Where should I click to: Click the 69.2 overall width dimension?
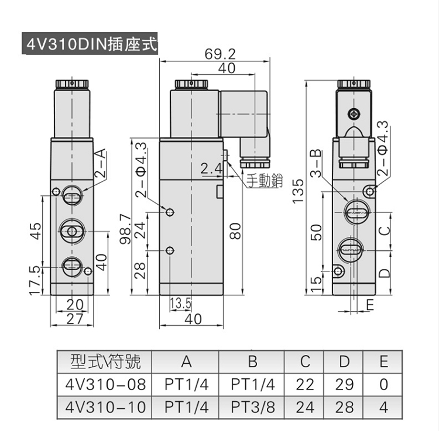click(x=220, y=54)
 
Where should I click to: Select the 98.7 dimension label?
click(x=125, y=229)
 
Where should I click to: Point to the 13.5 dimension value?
click(x=181, y=303)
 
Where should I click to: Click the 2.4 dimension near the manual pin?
click(x=211, y=168)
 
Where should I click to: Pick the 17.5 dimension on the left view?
click(x=35, y=280)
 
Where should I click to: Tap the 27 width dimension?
click(x=75, y=319)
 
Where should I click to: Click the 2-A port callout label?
click(x=100, y=163)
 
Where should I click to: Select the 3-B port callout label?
click(x=316, y=164)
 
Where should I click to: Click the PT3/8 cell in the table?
click(x=253, y=407)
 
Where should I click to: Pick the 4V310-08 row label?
click(x=105, y=384)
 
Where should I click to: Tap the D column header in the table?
click(x=344, y=361)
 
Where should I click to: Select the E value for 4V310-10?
click(x=383, y=407)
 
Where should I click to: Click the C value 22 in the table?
click(x=305, y=384)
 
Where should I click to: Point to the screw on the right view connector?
click(x=354, y=113)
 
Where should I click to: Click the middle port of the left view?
click(x=71, y=232)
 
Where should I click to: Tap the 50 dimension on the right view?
click(x=316, y=232)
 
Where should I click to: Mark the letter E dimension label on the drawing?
click(x=370, y=305)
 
